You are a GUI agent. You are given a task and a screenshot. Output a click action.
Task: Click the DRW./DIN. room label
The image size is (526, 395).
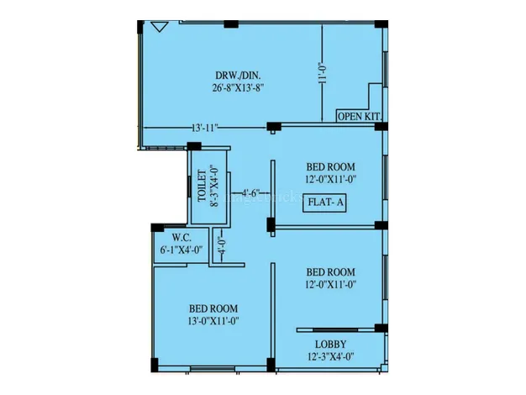click(238, 75)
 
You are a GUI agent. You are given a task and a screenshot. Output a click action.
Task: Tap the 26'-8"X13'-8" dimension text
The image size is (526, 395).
click(238, 88)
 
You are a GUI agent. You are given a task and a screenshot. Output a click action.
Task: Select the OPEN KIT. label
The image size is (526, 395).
click(360, 117)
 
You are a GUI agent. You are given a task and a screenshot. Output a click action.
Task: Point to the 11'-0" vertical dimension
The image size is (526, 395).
click(322, 73)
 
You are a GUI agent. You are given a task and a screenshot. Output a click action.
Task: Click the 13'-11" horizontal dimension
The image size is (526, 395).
click(205, 128)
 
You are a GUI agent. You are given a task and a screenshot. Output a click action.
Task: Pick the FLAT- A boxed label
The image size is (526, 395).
click(324, 203)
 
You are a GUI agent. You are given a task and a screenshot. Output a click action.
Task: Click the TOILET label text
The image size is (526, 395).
click(203, 187)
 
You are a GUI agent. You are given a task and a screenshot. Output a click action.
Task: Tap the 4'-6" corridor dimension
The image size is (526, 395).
click(251, 193)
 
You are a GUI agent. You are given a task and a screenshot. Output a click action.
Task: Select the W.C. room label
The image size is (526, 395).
click(181, 238)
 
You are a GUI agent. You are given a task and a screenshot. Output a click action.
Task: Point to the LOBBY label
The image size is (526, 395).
click(330, 345)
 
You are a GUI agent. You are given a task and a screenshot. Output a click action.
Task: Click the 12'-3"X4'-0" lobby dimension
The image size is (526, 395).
click(330, 356)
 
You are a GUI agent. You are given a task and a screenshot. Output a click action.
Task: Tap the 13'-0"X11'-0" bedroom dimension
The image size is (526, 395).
click(213, 321)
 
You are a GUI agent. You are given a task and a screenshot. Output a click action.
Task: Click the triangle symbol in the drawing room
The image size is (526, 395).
click(160, 27)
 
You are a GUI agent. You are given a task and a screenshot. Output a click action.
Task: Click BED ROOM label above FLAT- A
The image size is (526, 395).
click(330, 166)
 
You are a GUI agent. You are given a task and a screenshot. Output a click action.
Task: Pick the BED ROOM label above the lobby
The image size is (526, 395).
click(330, 271)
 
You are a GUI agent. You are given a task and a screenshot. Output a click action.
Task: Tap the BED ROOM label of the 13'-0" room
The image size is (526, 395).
click(213, 308)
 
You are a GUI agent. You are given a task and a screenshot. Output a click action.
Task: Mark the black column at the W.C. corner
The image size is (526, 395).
click(157, 228)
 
